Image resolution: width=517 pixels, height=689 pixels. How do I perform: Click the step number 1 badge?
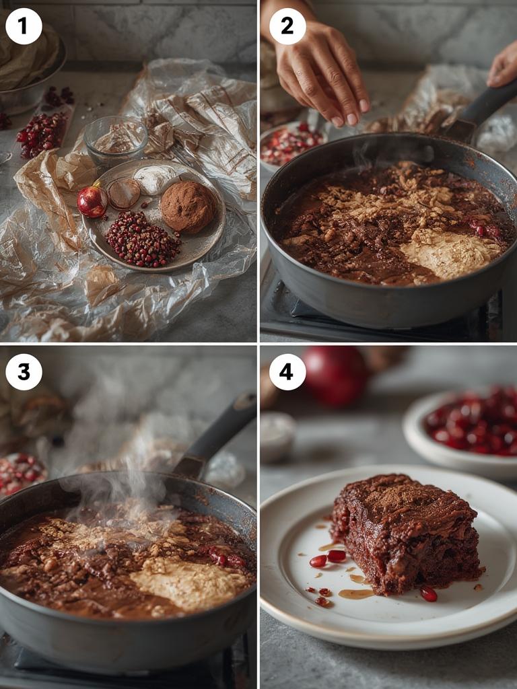click(x=24, y=26)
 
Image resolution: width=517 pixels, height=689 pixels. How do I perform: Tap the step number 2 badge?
click(x=287, y=26)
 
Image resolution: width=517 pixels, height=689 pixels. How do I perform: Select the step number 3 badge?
click(x=24, y=371)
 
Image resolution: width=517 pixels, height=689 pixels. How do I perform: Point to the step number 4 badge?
click(x=287, y=371)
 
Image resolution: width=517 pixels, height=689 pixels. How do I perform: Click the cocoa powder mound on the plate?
click(x=187, y=207)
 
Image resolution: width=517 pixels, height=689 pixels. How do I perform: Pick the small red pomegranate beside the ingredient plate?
click(x=92, y=201)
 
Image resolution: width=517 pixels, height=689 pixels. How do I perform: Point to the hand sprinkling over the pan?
click(x=322, y=74)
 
